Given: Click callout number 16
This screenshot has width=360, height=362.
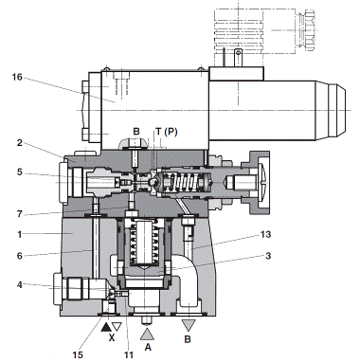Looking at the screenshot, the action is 17,77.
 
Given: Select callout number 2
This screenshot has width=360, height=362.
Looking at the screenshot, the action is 20,143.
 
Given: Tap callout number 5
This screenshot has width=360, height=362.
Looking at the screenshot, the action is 20,172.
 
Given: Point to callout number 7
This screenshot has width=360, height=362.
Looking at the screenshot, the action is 20,214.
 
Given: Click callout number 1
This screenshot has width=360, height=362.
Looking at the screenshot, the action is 20,234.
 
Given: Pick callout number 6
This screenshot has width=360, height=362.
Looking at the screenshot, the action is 20,256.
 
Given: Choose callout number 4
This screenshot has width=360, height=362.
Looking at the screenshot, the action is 20,285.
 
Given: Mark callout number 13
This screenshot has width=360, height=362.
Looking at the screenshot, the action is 265,234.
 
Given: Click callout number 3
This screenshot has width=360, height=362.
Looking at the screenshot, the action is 268,256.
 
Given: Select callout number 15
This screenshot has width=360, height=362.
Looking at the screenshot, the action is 78,354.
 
